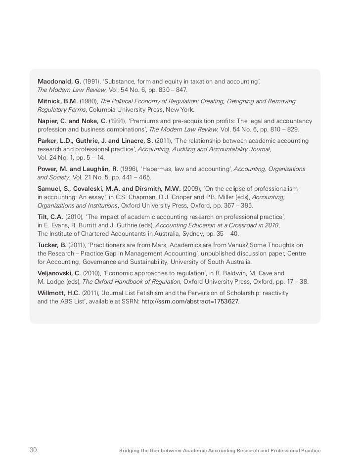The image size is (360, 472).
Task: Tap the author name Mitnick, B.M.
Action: pos(57,101)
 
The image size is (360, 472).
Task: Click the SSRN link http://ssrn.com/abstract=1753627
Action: pos(189,301)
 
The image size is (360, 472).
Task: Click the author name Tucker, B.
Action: pos(52,245)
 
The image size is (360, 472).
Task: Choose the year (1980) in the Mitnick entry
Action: pos(89,101)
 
